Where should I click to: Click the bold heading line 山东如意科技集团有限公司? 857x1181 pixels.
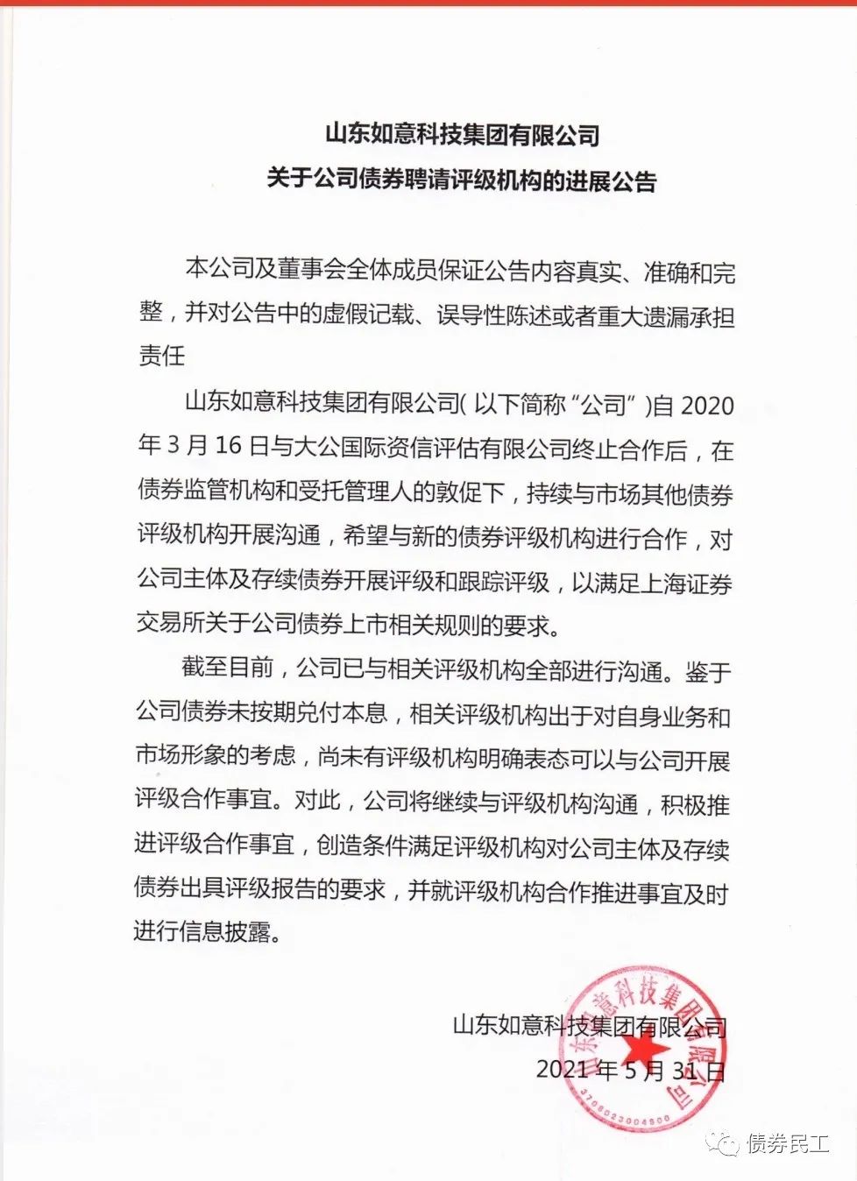462,135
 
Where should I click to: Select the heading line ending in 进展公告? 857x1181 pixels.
462,180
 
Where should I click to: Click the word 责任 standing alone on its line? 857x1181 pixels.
162,355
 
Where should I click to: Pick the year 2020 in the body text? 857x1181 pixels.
706,406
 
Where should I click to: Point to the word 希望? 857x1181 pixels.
365,536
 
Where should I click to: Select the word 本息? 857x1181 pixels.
365,712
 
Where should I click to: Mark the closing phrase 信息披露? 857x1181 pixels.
224,930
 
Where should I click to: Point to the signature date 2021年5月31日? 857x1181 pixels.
631,1070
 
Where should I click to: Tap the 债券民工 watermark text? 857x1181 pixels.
787,1143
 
